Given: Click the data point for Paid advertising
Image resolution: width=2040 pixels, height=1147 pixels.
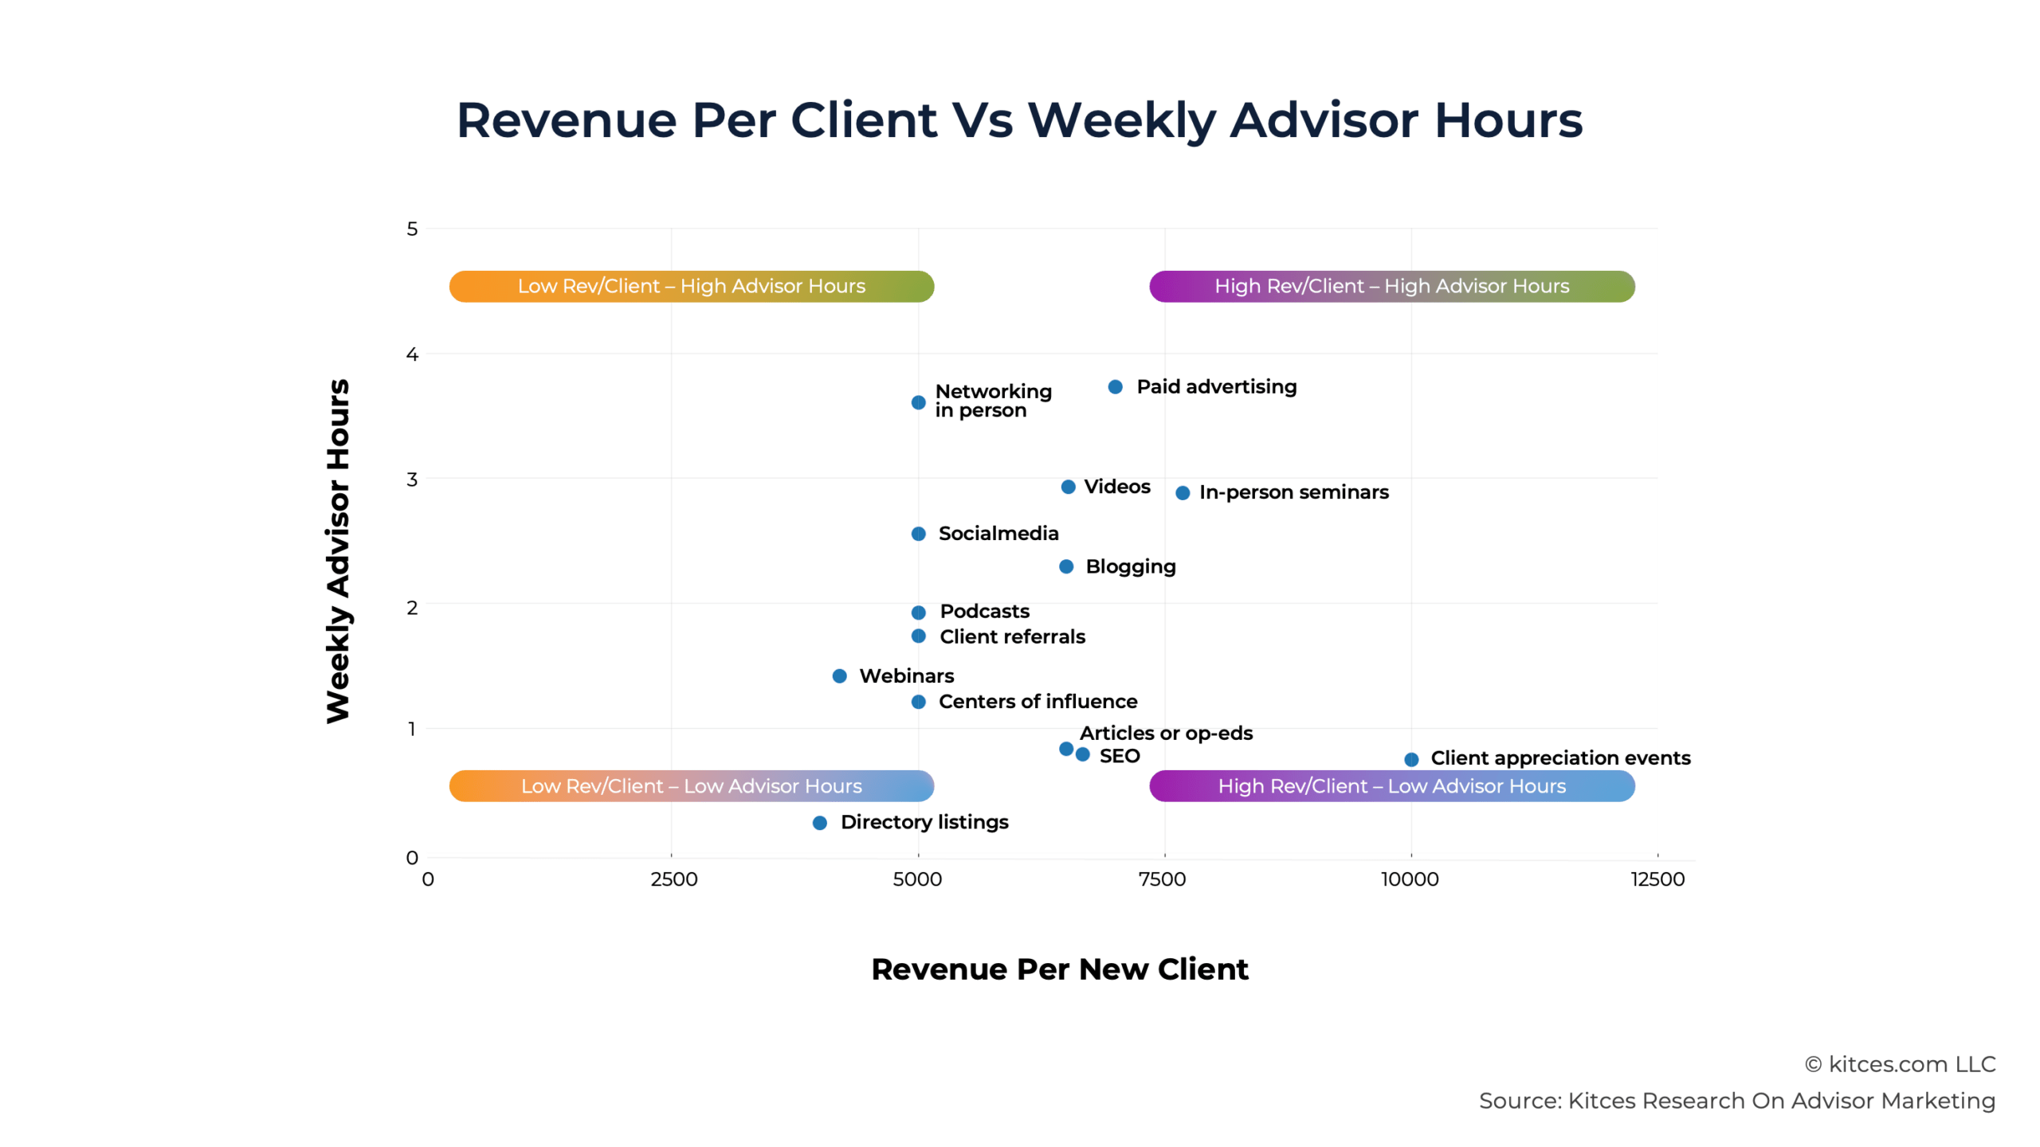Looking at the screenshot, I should tap(1115, 387).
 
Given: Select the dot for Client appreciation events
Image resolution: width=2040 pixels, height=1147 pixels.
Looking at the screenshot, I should tap(1410, 759).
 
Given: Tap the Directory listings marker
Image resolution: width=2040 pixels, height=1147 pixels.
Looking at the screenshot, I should tap(819, 823).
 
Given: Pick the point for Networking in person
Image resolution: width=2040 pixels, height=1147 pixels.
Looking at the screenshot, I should tap(918, 402).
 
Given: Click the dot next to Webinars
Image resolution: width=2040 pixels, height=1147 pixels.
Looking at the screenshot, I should tap(839, 676).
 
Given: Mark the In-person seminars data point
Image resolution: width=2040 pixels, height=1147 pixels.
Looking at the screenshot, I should tap(1183, 493).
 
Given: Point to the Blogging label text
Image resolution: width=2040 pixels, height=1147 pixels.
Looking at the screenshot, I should tap(1130, 566).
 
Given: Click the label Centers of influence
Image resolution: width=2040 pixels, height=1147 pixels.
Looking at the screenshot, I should tap(1038, 702).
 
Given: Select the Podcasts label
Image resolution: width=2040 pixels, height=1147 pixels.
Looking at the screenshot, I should tap(984, 611).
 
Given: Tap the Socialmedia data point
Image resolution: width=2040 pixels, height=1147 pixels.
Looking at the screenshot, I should tap(918, 534).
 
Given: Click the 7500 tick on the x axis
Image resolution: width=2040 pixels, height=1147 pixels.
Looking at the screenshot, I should tap(1163, 879).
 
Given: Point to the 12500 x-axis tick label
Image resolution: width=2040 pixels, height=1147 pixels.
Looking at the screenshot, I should tap(1657, 879).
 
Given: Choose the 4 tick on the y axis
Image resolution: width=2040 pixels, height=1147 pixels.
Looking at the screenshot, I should tap(412, 354).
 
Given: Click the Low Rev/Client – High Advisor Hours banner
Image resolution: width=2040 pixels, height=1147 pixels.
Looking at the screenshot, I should tap(691, 286).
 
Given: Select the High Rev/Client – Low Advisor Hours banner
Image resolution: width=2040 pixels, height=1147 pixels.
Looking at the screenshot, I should tap(1391, 786).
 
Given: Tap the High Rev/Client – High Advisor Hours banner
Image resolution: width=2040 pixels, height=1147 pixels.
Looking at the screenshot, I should tap(1391, 286).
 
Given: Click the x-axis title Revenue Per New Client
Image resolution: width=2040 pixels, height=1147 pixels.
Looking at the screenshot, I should tap(1059, 969).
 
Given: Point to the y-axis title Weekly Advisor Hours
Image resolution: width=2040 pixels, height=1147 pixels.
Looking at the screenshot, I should tap(338, 550).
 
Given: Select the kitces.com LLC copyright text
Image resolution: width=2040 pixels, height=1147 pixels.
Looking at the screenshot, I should tap(1901, 1064).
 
